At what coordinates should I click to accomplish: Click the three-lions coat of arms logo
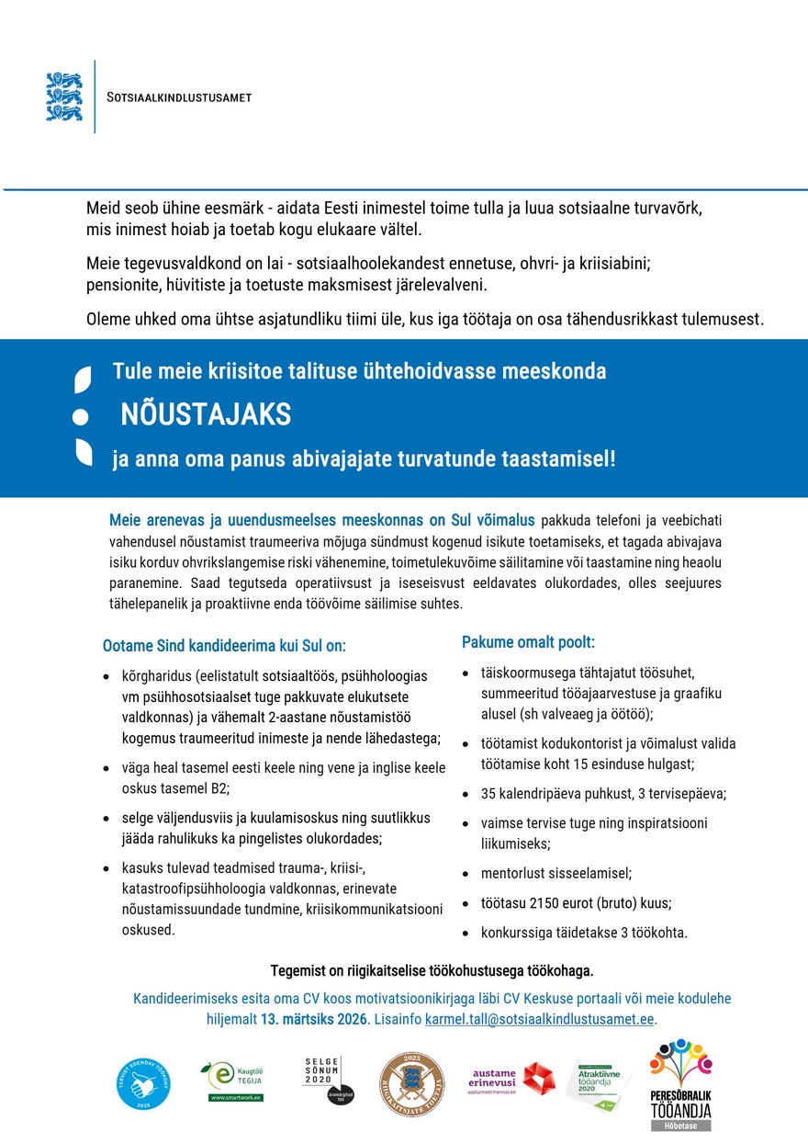tap(64, 96)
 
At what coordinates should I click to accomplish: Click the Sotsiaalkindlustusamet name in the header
tap(179, 97)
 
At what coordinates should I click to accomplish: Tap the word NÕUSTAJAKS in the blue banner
tap(206, 415)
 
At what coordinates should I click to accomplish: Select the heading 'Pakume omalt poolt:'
tap(528, 642)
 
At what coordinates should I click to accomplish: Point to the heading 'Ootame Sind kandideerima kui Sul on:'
tap(224, 646)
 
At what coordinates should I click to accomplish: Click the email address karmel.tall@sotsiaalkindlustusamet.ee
tap(540, 1020)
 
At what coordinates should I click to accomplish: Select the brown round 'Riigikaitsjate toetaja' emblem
tap(411, 1084)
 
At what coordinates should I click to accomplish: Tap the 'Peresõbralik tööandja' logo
tap(680, 1084)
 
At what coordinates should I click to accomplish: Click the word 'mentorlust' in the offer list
tap(511, 873)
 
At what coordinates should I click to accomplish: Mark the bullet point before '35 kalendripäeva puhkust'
tap(467, 794)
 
